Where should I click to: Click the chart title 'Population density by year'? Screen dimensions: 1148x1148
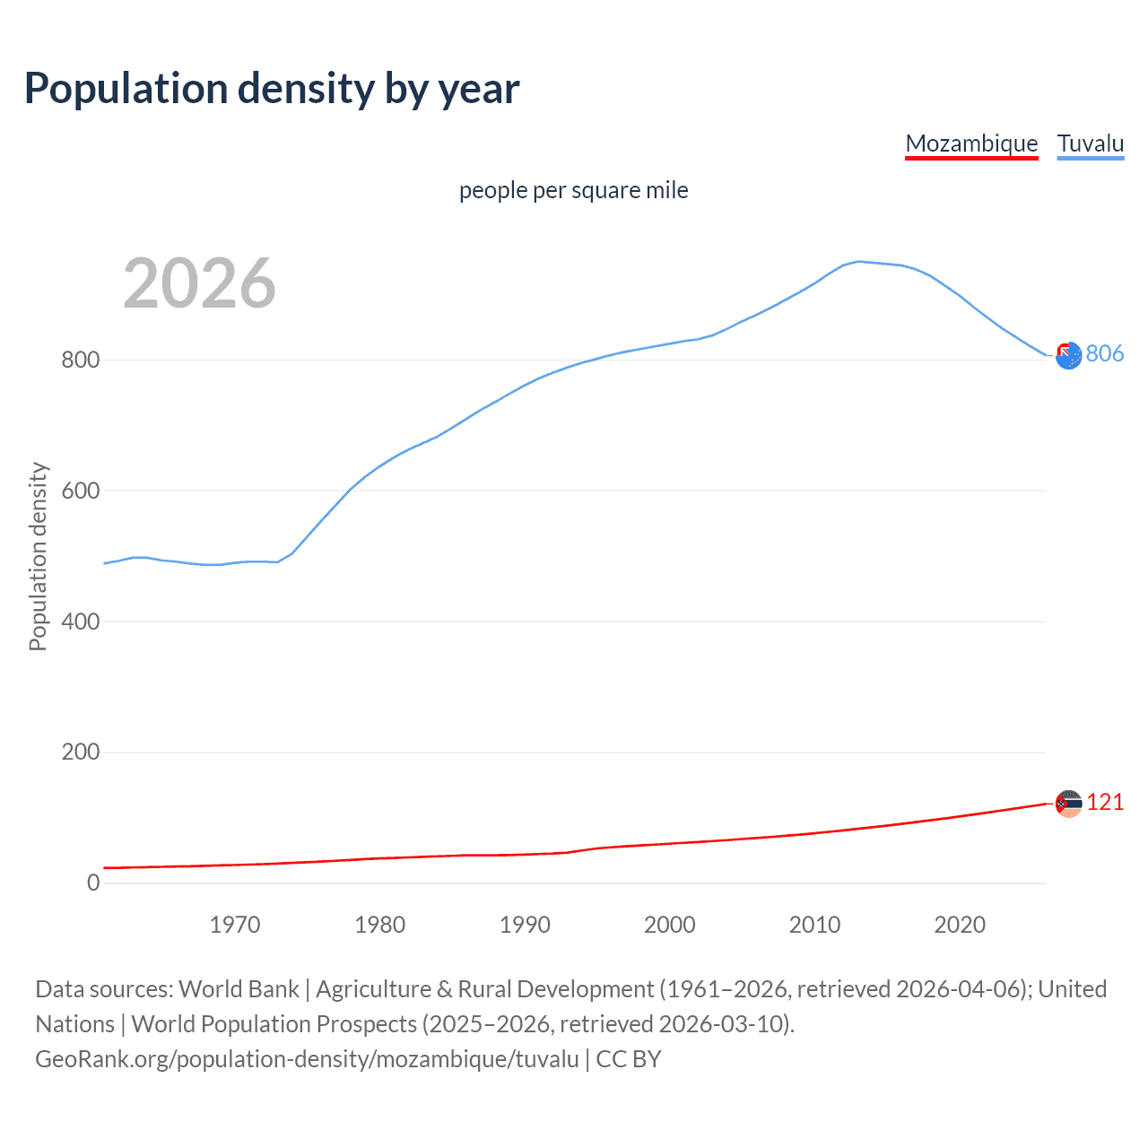[272, 89]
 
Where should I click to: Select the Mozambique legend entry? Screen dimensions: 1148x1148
[971, 143]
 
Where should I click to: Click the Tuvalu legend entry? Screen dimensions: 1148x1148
[1091, 143]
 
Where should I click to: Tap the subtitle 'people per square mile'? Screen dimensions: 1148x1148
[573, 190]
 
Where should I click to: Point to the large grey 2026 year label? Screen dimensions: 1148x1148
[199, 283]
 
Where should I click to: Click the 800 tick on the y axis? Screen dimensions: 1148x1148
[80, 361]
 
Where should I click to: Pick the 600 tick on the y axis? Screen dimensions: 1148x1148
[80, 491]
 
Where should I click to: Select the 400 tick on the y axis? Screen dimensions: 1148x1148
[80, 622]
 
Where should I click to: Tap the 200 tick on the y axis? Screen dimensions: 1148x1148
[80, 752]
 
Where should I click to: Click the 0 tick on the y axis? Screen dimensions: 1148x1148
[93, 883]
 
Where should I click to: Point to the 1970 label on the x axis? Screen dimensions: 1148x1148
[235, 925]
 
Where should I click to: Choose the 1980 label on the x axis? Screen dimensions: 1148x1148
[379, 925]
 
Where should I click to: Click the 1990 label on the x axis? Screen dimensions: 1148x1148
[525, 925]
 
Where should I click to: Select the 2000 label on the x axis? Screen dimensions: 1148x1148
[670, 925]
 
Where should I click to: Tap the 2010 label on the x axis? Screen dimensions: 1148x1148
[814, 925]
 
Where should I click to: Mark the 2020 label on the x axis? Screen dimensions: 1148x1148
[960, 925]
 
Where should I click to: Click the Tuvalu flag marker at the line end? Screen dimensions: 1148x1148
[1068, 356]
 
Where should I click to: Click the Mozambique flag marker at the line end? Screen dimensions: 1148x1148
[1068, 804]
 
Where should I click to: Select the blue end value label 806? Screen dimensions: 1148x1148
[1105, 353]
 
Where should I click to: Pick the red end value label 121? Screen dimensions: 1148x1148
[1105, 802]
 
